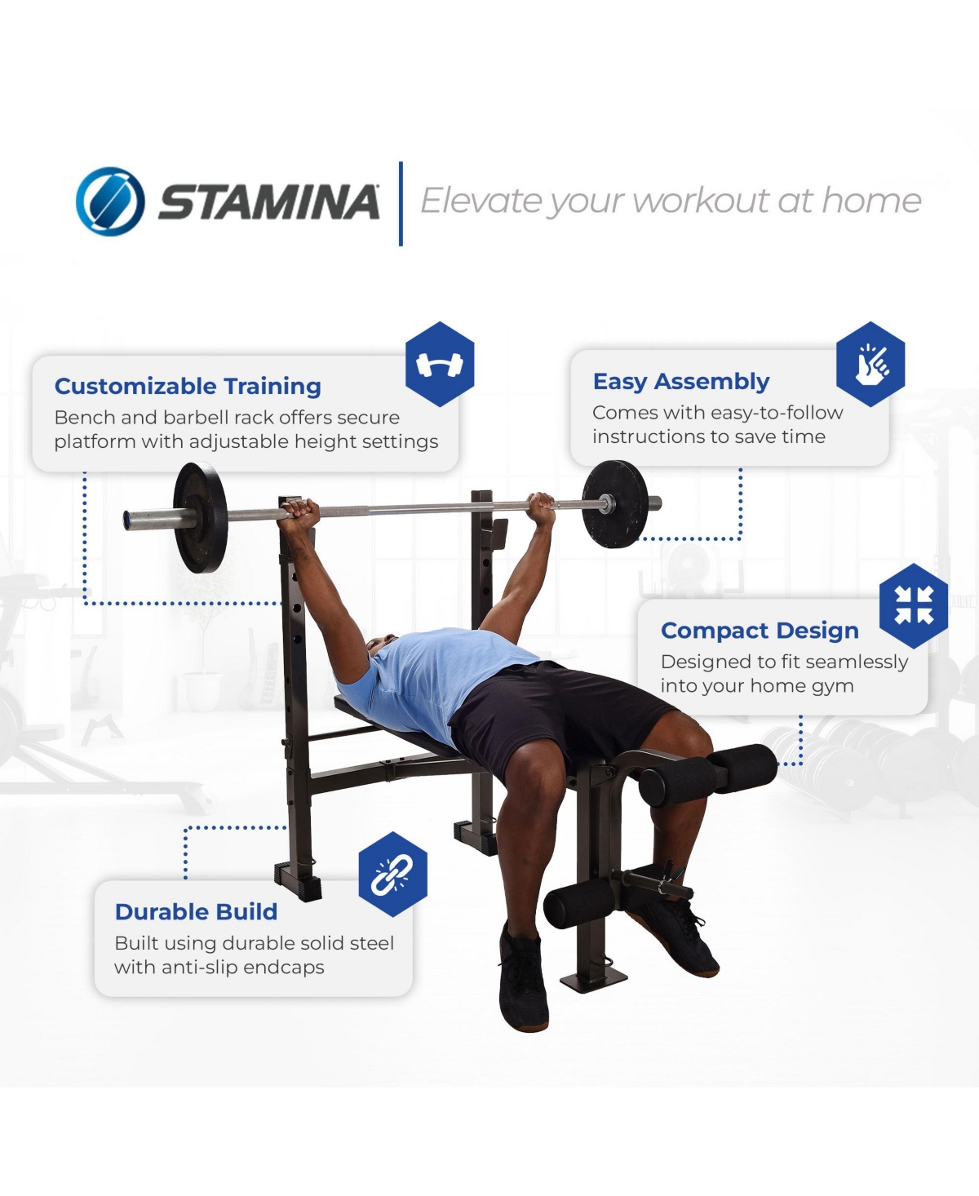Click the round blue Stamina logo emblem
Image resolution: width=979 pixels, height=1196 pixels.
pyautogui.click(x=110, y=202)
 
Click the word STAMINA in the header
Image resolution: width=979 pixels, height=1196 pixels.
pyautogui.click(x=269, y=202)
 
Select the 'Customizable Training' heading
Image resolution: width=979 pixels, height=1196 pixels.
pyautogui.click(x=188, y=386)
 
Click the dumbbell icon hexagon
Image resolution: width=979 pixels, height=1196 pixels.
pyautogui.click(x=440, y=364)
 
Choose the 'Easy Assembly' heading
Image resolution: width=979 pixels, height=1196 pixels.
pyautogui.click(x=681, y=382)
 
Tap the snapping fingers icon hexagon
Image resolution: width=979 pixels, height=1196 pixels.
pyautogui.click(x=870, y=364)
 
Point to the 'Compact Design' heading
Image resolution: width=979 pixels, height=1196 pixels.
pyautogui.click(x=760, y=631)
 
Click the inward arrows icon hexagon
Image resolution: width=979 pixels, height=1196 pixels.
pyautogui.click(x=914, y=606)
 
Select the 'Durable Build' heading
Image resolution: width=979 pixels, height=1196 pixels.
pyautogui.click(x=197, y=912)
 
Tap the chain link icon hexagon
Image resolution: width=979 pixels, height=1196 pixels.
pyautogui.click(x=392, y=875)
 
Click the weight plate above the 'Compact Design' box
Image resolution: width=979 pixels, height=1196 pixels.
pyautogui.click(x=615, y=504)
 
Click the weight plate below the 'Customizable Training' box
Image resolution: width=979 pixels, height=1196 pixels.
pyautogui.click(x=200, y=518)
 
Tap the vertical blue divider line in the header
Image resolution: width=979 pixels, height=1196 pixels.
pyautogui.click(x=401, y=204)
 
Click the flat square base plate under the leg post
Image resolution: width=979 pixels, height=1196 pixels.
pyautogui.click(x=593, y=981)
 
